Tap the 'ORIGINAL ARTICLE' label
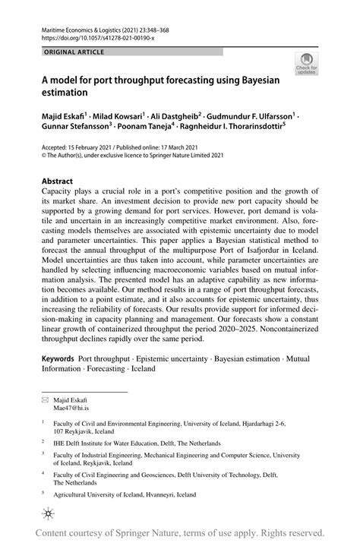click(x=65, y=52)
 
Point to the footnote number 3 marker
click(x=44, y=453)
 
